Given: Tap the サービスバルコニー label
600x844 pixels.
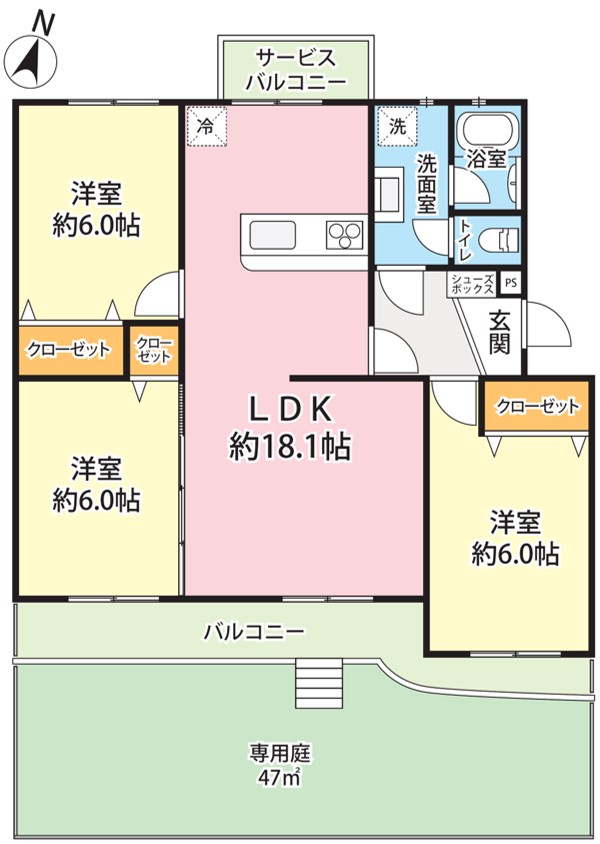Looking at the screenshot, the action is tap(295, 69).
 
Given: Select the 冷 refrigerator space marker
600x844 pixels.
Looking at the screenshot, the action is tap(207, 126).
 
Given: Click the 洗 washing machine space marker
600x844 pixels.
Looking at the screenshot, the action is tap(398, 126).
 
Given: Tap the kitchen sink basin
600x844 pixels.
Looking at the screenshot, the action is tap(272, 236).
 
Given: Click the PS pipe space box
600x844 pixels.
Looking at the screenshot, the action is tap(511, 283).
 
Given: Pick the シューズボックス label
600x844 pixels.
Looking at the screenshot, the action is tap(472, 284).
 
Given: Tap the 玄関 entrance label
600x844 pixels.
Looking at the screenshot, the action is tap(500, 332).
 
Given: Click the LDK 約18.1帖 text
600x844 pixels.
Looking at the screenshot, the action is tap(291, 427).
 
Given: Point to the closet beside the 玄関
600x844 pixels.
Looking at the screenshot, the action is tap(537, 406).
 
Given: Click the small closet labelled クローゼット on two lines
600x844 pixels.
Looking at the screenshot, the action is tap(154, 350).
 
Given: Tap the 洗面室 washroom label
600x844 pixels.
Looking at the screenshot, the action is tap(427, 183).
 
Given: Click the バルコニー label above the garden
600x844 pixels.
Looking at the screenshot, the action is tap(254, 631).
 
